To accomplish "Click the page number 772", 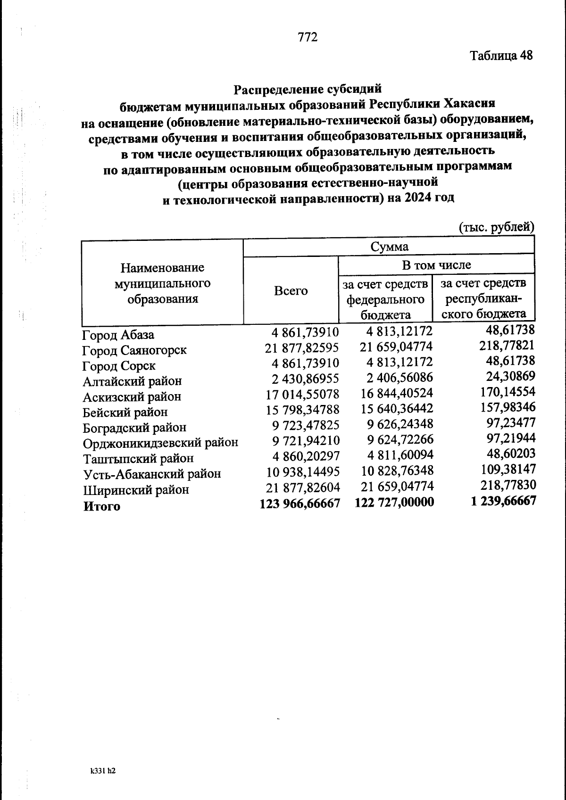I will click(x=308, y=37).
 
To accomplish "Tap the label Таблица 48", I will click(x=501, y=56).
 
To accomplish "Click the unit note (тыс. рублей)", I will click(x=497, y=227).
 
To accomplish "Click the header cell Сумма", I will click(x=389, y=247).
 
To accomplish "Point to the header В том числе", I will click(x=436, y=265).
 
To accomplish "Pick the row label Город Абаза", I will click(x=118, y=335).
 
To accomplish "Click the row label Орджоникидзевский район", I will click(x=160, y=443).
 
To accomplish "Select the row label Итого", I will click(x=102, y=506).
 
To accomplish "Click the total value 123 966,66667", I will click(x=300, y=503).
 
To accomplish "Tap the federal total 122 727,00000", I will click(x=394, y=503).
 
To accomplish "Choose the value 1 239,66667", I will click(x=503, y=501).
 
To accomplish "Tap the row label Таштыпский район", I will click(x=138, y=459).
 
